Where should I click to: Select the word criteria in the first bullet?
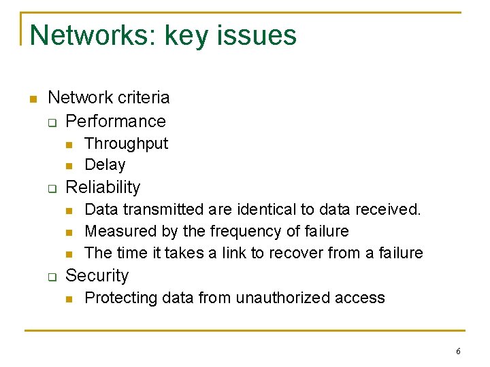142,97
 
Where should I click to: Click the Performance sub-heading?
116,121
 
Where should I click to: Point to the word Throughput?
126,143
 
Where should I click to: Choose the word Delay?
105,164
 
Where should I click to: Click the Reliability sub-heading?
103,187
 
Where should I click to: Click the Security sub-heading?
97,275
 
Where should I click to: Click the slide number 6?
458,351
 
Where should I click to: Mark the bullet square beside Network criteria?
31,99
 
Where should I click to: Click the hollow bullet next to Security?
50,277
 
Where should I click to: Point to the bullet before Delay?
69,166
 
